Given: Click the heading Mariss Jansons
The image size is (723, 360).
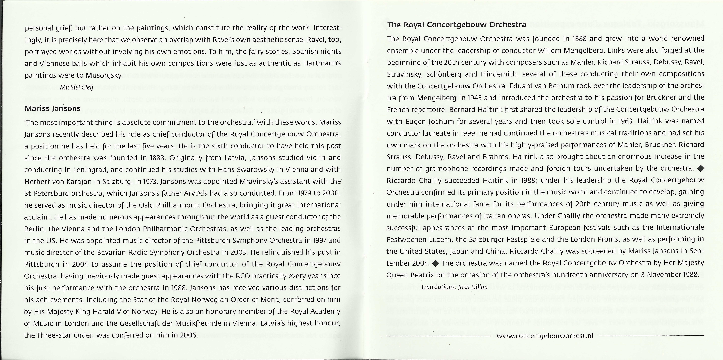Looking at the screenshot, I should click(53, 109).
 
